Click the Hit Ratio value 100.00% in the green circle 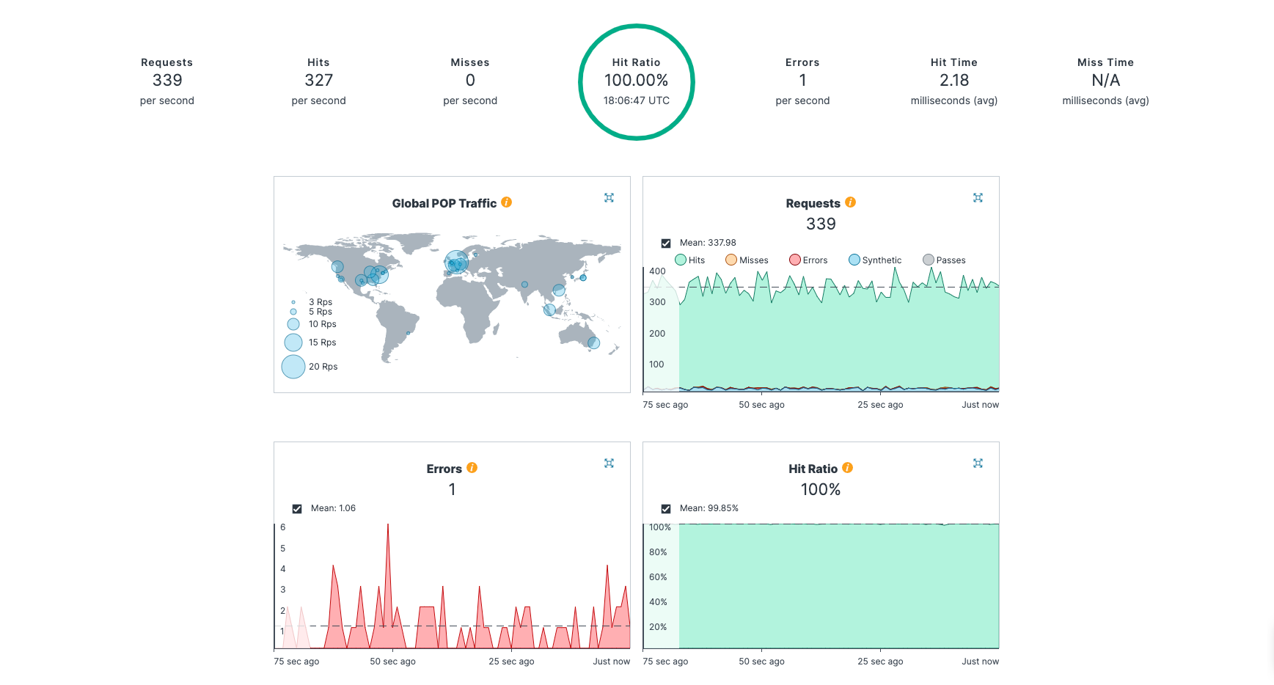[636, 80]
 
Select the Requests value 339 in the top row [167, 80]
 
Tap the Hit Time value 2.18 [953, 80]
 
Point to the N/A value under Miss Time [1105, 80]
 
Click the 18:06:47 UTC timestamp [636, 100]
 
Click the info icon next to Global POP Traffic [506, 202]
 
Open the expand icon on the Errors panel [609, 463]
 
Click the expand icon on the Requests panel [978, 197]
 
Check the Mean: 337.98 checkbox [666, 243]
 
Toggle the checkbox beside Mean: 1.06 [297, 508]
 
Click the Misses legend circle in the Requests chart [731, 260]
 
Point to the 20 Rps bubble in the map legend [293, 367]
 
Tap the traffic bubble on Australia [594, 342]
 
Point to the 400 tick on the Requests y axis [657, 271]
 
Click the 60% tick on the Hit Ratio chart [658, 577]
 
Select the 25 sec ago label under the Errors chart [511, 662]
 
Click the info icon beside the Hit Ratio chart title [847, 468]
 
